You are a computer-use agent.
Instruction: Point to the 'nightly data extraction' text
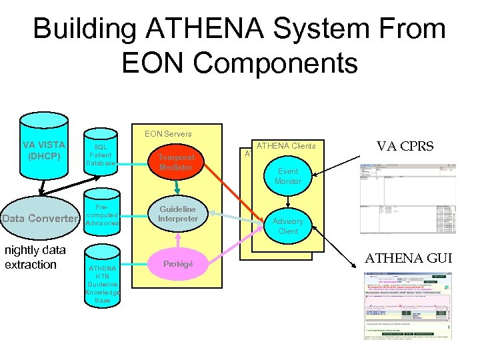pyautogui.click(x=35, y=257)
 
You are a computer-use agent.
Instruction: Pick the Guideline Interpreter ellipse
pyautogui.click(x=177, y=214)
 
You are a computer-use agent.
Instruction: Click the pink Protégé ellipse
pyautogui.click(x=177, y=264)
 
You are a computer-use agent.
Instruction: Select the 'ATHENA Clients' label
pyautogui.click(x=286, y=146)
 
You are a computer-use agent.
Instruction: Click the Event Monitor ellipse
pyautogui.click(x=288, y=176)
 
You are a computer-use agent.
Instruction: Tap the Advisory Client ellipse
pyautogui.click(x=288, y=225)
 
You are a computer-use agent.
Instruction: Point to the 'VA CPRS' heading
pyautogui.click(x=405, y=146)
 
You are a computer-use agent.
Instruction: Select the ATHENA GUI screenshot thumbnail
pyautogui.click(x=407, y=305)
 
